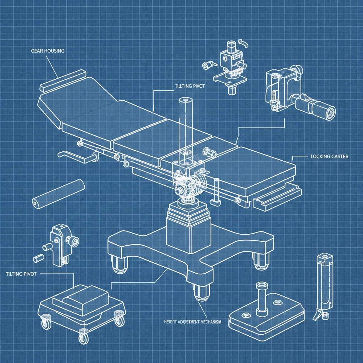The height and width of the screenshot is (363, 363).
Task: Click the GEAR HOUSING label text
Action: point(46,51)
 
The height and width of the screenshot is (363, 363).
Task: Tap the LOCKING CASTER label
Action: point(329,156)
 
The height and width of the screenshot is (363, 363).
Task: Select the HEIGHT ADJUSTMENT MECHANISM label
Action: point(193,322)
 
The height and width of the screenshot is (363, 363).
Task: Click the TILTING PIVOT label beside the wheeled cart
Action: point(21,274)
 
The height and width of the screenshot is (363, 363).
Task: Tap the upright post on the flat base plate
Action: point(262,298)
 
